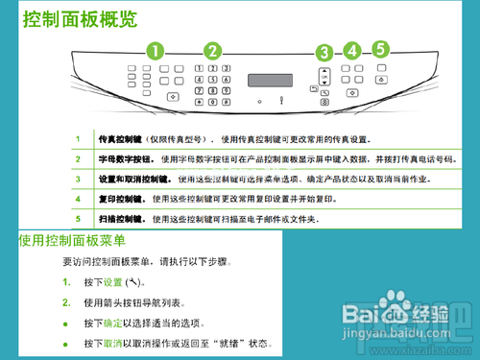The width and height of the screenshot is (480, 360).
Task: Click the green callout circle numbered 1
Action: click(x=155, y=51)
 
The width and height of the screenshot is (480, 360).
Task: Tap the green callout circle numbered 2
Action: click(x=212, y=51)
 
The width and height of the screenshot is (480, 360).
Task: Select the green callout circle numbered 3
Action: click(x=324, y=54)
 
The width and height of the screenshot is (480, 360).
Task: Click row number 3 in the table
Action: click(x=79, y=179)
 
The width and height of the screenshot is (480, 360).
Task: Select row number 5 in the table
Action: click(x=79, y=219)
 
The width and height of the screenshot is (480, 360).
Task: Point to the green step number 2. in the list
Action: click(x=66, y=302)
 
